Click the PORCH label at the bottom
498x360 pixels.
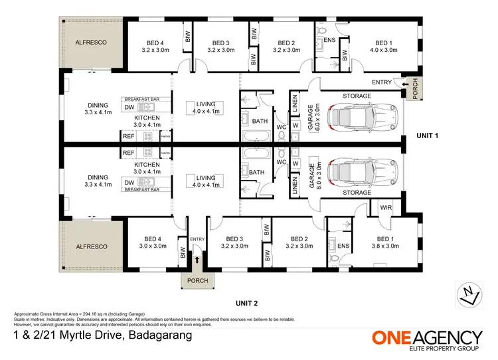coord(197,281)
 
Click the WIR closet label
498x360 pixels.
coord(386,207)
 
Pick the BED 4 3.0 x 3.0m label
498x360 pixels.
coord(152,242)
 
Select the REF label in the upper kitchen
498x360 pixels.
coord(129,135)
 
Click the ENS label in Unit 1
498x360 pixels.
coord(329,40)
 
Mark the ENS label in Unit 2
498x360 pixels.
coord(343,246)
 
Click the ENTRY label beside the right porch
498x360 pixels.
coord(382,82)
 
